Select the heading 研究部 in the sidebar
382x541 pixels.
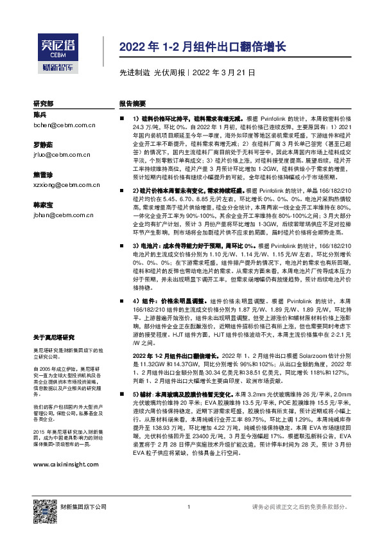44,103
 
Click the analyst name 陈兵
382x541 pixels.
40,114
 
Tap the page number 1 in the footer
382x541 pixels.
188,508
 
